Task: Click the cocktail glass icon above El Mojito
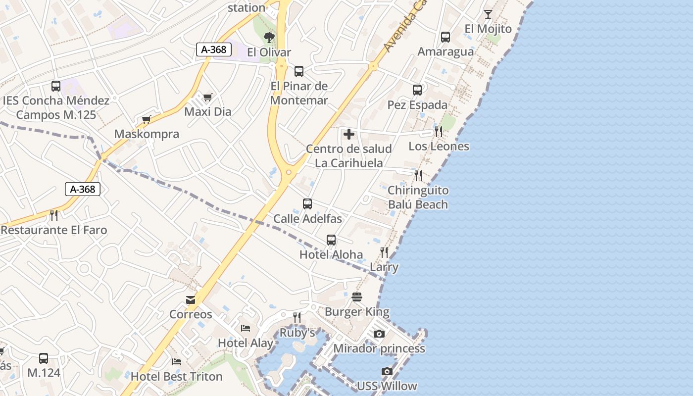tap(488, 14)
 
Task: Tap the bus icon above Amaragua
tap(445, 37)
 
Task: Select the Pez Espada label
tap(417, 105)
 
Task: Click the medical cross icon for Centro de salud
tap(349, 134)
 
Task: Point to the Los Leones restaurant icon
tap(438, 132)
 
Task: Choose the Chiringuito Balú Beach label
tap(418, 198)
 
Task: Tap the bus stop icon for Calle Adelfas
tap(307, 204)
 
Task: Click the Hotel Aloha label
tap(331, 254)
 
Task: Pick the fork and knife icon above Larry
tap(384, 252)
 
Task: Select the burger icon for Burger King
tap(357, 297)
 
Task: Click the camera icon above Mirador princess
tap(379, 334)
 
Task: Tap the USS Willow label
tap(387, 386)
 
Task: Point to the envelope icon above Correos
tap(191, 300)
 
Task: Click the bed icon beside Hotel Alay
tap(245, 328)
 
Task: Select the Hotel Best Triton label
tap(176, 377)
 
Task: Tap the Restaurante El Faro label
tap(54, 230)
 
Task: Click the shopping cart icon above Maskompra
tap(146, 119)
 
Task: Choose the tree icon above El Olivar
tap(269, 38)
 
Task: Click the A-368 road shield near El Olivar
tap(214, 49)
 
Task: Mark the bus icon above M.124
tap(44, 358)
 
